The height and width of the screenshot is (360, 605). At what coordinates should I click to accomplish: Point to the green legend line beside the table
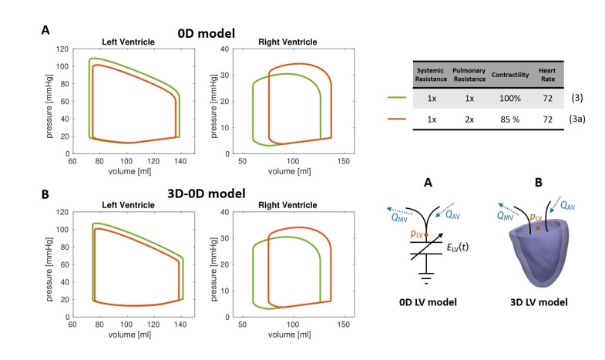pyautogui.click(x=398, y=99)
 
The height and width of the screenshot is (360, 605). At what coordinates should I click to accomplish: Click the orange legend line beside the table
pyautogui.click(x=398, y=119)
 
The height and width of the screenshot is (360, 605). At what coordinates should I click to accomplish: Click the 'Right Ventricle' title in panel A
pyautogui.click(x=292, y=41)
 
